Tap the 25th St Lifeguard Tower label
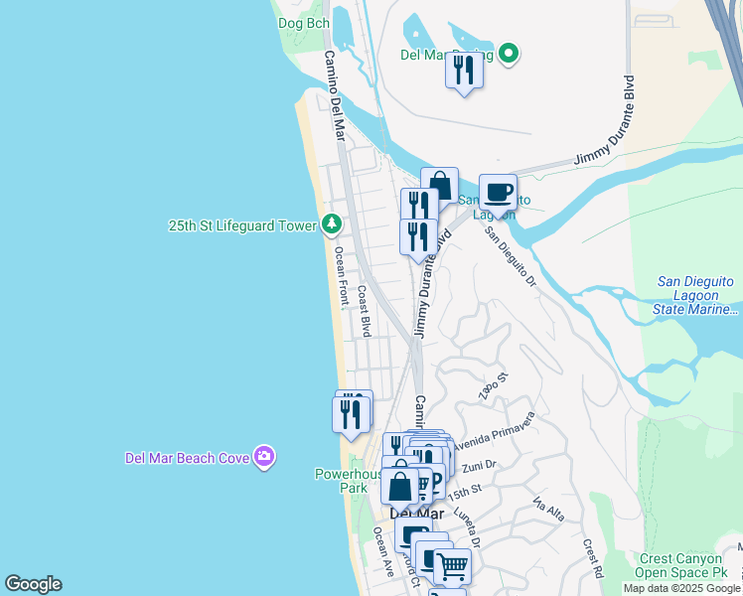[x=242, y=225]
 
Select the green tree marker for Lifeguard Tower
[x=331, y=224]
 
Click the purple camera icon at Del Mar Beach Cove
[x=263, y=457]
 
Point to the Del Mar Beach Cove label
[x=187, y=458]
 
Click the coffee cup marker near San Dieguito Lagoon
[x=498, y=191]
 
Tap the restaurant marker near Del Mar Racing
[x=463, y=71]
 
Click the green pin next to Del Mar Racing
[x=509, y=54]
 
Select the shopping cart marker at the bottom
[x=452, y=566]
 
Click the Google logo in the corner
[x=33, y=584]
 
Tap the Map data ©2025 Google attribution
[x=682, y=588]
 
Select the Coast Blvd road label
[x=364, y=310]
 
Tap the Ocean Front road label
[x=341, y=274]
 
